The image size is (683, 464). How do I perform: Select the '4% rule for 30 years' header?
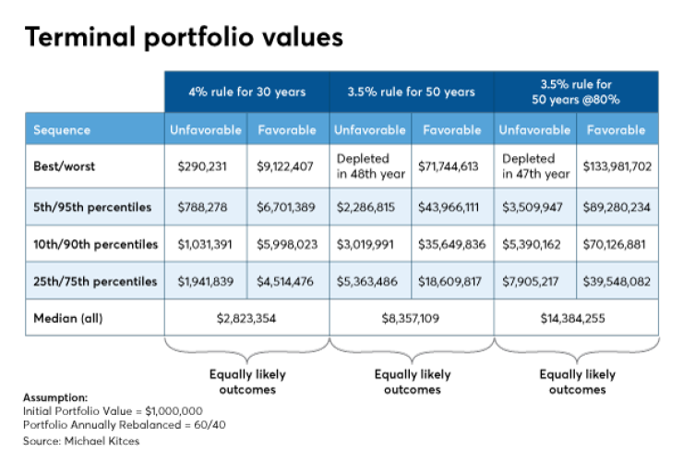point(246,92)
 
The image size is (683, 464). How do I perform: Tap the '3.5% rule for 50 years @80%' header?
point(577,92)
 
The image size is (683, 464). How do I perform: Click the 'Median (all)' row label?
point(70,318)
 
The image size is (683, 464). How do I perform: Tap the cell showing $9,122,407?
point(287,165)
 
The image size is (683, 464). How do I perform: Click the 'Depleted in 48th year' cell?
point(370,165)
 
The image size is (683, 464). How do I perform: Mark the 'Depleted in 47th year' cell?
point(535,165)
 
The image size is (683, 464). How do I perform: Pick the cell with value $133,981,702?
point(617,165)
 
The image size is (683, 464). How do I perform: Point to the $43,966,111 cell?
point(452,207)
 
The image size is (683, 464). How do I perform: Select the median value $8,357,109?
point(412,318)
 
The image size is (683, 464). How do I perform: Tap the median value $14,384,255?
point(577,318)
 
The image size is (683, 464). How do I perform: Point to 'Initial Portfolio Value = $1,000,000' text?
point(113,409)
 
